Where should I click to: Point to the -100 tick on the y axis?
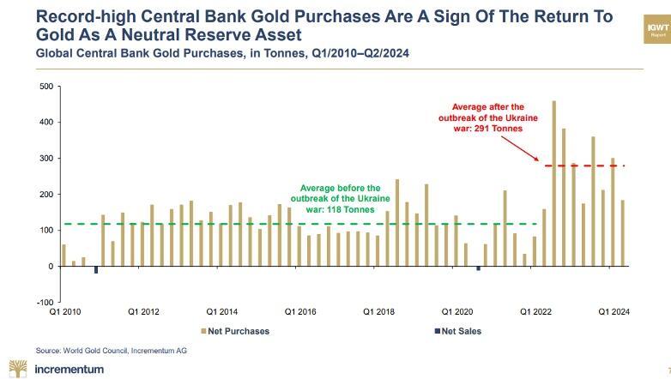pyautogui.click(x=43, y=302)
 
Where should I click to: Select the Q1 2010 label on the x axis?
pyautogui.click(x=65, y=312)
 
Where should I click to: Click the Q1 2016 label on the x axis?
pyautogui.click(x=301, y=312)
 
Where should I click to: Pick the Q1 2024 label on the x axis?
pyautogui.click(x=614, y=312)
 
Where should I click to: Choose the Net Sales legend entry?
pyautogui.click(x=459, y=331)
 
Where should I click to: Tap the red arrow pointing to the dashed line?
pyautogui.click(x=519, y=147)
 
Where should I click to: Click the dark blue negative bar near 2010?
pyautogui.click(x=95, y=270)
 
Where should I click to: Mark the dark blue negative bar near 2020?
pyautogui.click(x=478, y=268)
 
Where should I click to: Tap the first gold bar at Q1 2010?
pyautogui.click(x=63, y=256)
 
